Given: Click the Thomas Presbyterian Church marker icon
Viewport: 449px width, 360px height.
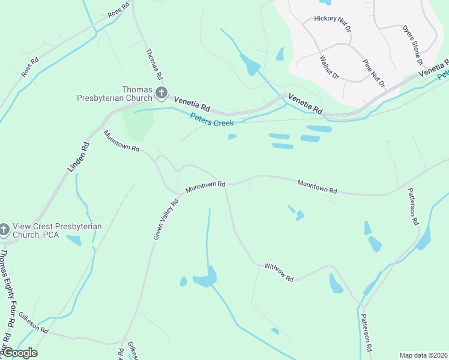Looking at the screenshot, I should point(161,93).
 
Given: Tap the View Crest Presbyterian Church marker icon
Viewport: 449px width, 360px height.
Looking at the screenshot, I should point(4,230).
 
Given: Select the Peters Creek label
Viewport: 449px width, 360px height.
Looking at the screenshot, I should point(212,119).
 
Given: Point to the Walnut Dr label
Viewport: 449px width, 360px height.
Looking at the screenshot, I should point(330,68).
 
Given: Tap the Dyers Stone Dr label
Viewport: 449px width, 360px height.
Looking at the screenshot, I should point(412,45).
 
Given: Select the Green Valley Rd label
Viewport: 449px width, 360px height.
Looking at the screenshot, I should point(166,220).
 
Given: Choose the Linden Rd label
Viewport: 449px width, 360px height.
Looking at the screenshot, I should point(79,157).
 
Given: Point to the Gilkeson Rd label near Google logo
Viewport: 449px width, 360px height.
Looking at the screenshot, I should point(33,323).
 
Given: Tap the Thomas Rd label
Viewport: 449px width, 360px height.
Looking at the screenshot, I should point(154,64).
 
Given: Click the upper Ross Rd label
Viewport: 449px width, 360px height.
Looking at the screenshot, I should point(118,10).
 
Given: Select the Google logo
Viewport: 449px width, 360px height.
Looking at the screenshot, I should point(20,353).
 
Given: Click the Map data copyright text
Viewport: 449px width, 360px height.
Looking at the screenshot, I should point(423,355).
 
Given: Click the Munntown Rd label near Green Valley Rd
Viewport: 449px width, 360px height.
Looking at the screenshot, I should point(205,187).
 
